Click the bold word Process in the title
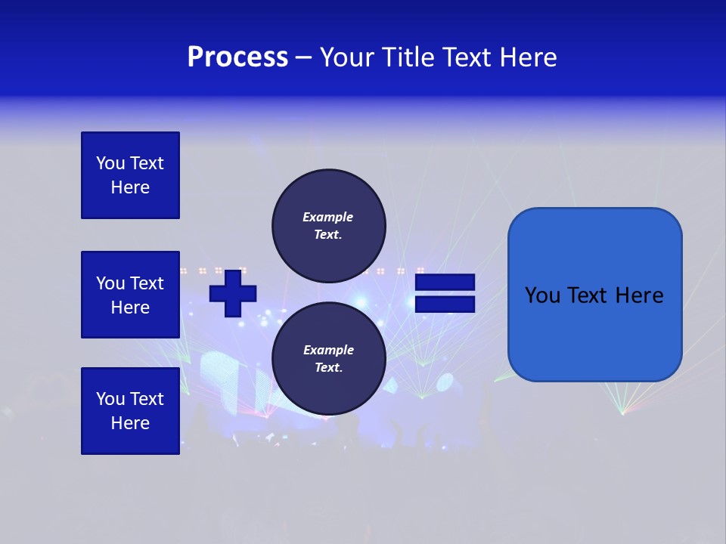[237, 57]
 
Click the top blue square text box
[130, 175]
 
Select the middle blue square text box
[130, 295]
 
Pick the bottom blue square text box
[130, 411]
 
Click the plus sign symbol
[233, 292]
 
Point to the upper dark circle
[328, 225]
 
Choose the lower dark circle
[328, 358]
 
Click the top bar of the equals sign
[445, 283]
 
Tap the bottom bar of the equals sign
[445, 304]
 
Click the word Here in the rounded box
[639, 295]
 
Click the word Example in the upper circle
[327, 217]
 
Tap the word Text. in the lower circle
[328, 368]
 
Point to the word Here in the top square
[130, 187]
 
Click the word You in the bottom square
[110, 399]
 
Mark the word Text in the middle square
[147, 283]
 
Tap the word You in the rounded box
[542, 295]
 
